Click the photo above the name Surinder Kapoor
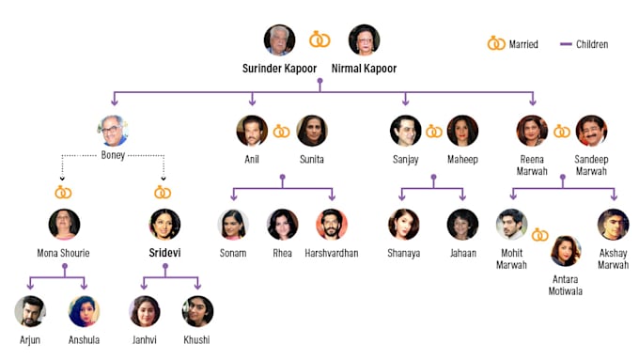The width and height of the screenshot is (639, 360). (279, 40)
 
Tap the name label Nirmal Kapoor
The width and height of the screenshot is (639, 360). (364, 69)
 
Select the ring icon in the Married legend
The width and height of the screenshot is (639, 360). (496, 43)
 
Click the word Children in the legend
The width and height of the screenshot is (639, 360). (592, 44)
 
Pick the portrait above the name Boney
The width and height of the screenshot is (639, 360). (113, 131)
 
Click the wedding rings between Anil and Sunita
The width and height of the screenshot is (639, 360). (281, 132)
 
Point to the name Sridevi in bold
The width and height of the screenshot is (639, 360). (164, 253)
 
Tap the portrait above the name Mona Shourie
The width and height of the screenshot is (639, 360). (64, 225)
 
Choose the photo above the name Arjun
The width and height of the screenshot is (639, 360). (30, 311)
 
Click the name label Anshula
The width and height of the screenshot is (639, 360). (84, 339)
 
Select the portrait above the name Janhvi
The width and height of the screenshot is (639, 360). (145, 311)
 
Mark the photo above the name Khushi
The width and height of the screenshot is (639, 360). (197, 311)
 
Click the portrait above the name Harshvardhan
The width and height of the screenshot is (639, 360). (332, 225)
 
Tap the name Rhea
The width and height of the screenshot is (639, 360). (283, 253)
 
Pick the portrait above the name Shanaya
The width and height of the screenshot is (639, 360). (403, 225)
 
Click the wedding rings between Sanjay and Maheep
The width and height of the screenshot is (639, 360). (434, 132)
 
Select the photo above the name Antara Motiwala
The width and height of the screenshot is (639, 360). (566, 251)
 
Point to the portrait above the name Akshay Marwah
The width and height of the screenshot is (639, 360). (613, 225)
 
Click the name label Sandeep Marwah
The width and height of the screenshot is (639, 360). (591, 165)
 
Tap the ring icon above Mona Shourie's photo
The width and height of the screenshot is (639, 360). (63, 192)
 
